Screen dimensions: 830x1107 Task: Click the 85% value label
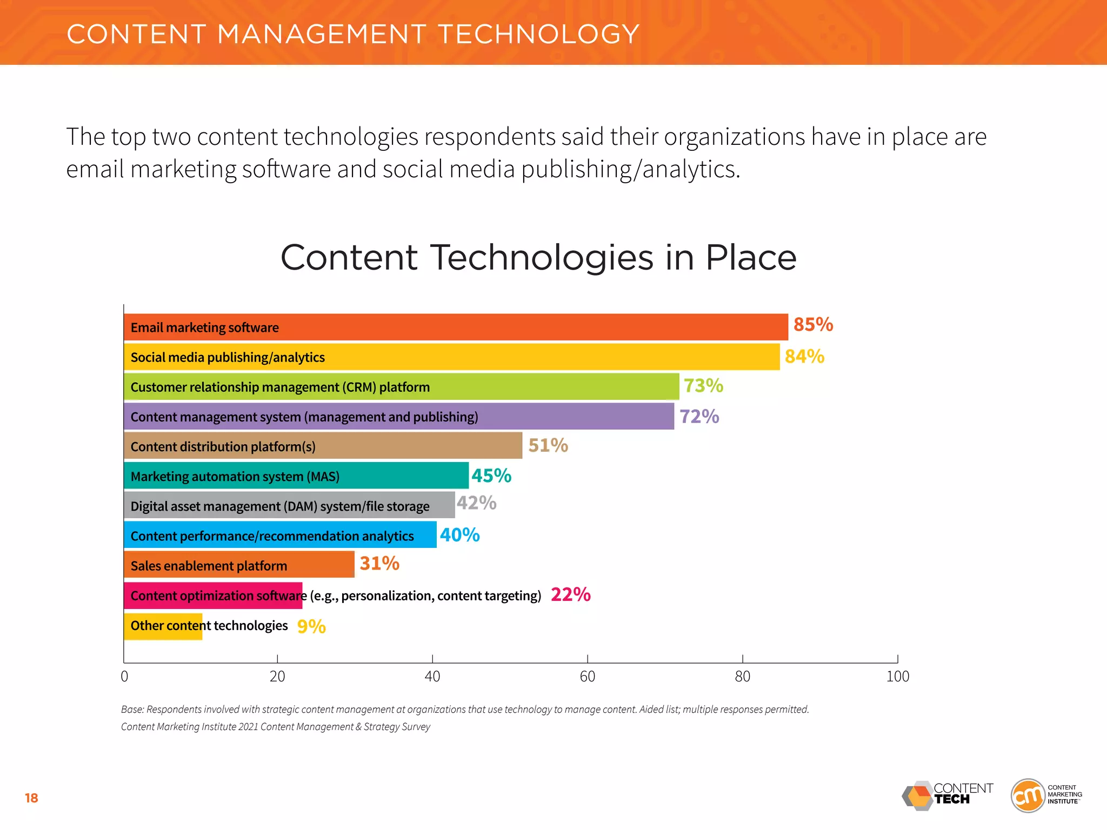pyautogui.click(x=813, y=325)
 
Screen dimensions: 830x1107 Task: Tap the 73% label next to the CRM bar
pyautogui.click(x=703, y=386)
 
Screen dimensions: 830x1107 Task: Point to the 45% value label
pyautogui.click(x=491, y=476)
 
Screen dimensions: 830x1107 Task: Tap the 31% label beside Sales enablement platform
pyautogui.click(x=379, y=564)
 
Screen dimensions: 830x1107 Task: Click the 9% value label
pyautogui.click(x=311, y=626)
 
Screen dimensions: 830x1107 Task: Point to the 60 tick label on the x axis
pyautogui.click(x=587, y=677)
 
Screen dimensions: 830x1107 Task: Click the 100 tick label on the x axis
pyautogui.click(x=897, y=677)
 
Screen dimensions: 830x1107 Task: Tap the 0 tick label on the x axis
pyautogui.click(x=124, y=677)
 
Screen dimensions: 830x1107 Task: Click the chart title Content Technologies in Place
pyautogui.click(x=538, y=257)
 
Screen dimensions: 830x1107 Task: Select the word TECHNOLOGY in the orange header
pyautogui.click(x=538, y=34)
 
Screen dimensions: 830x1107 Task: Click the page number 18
pyautogui.click(x=31, y=798)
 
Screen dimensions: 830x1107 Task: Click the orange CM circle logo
pyautogui.click(x=1028, y=795)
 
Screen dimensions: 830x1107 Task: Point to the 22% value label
pyautogui.click(x=570, y=595)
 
